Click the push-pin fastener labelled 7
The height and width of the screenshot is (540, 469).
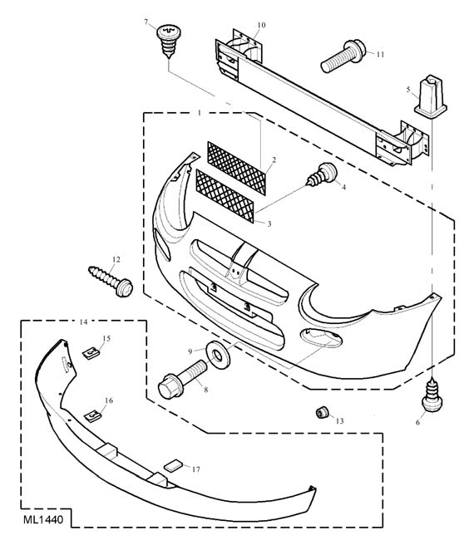tap(169, 41)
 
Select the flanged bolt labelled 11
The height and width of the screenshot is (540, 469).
tap(343, 56)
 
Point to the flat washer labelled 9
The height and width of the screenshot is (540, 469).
tap(218, 355)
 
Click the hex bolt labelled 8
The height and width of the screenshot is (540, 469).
tap(183, 380)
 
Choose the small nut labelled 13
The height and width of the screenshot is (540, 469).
tap(322, 412)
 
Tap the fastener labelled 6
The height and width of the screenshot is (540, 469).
tap(432, 395)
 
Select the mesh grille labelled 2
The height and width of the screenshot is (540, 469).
tap(237, 168)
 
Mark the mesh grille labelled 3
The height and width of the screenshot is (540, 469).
tap(225, 195)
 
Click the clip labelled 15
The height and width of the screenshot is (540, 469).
tap(91, 353)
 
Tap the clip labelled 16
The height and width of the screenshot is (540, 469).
tap(93, 416)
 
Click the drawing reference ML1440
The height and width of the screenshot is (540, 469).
tap(43, 519)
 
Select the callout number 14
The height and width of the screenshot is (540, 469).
tap(83, 322)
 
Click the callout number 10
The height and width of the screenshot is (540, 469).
tap(262, 25)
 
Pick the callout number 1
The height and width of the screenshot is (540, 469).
tap(200, 113)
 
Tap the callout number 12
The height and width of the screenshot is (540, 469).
tap(116, 259)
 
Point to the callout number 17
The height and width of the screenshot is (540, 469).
tap(195, 469)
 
